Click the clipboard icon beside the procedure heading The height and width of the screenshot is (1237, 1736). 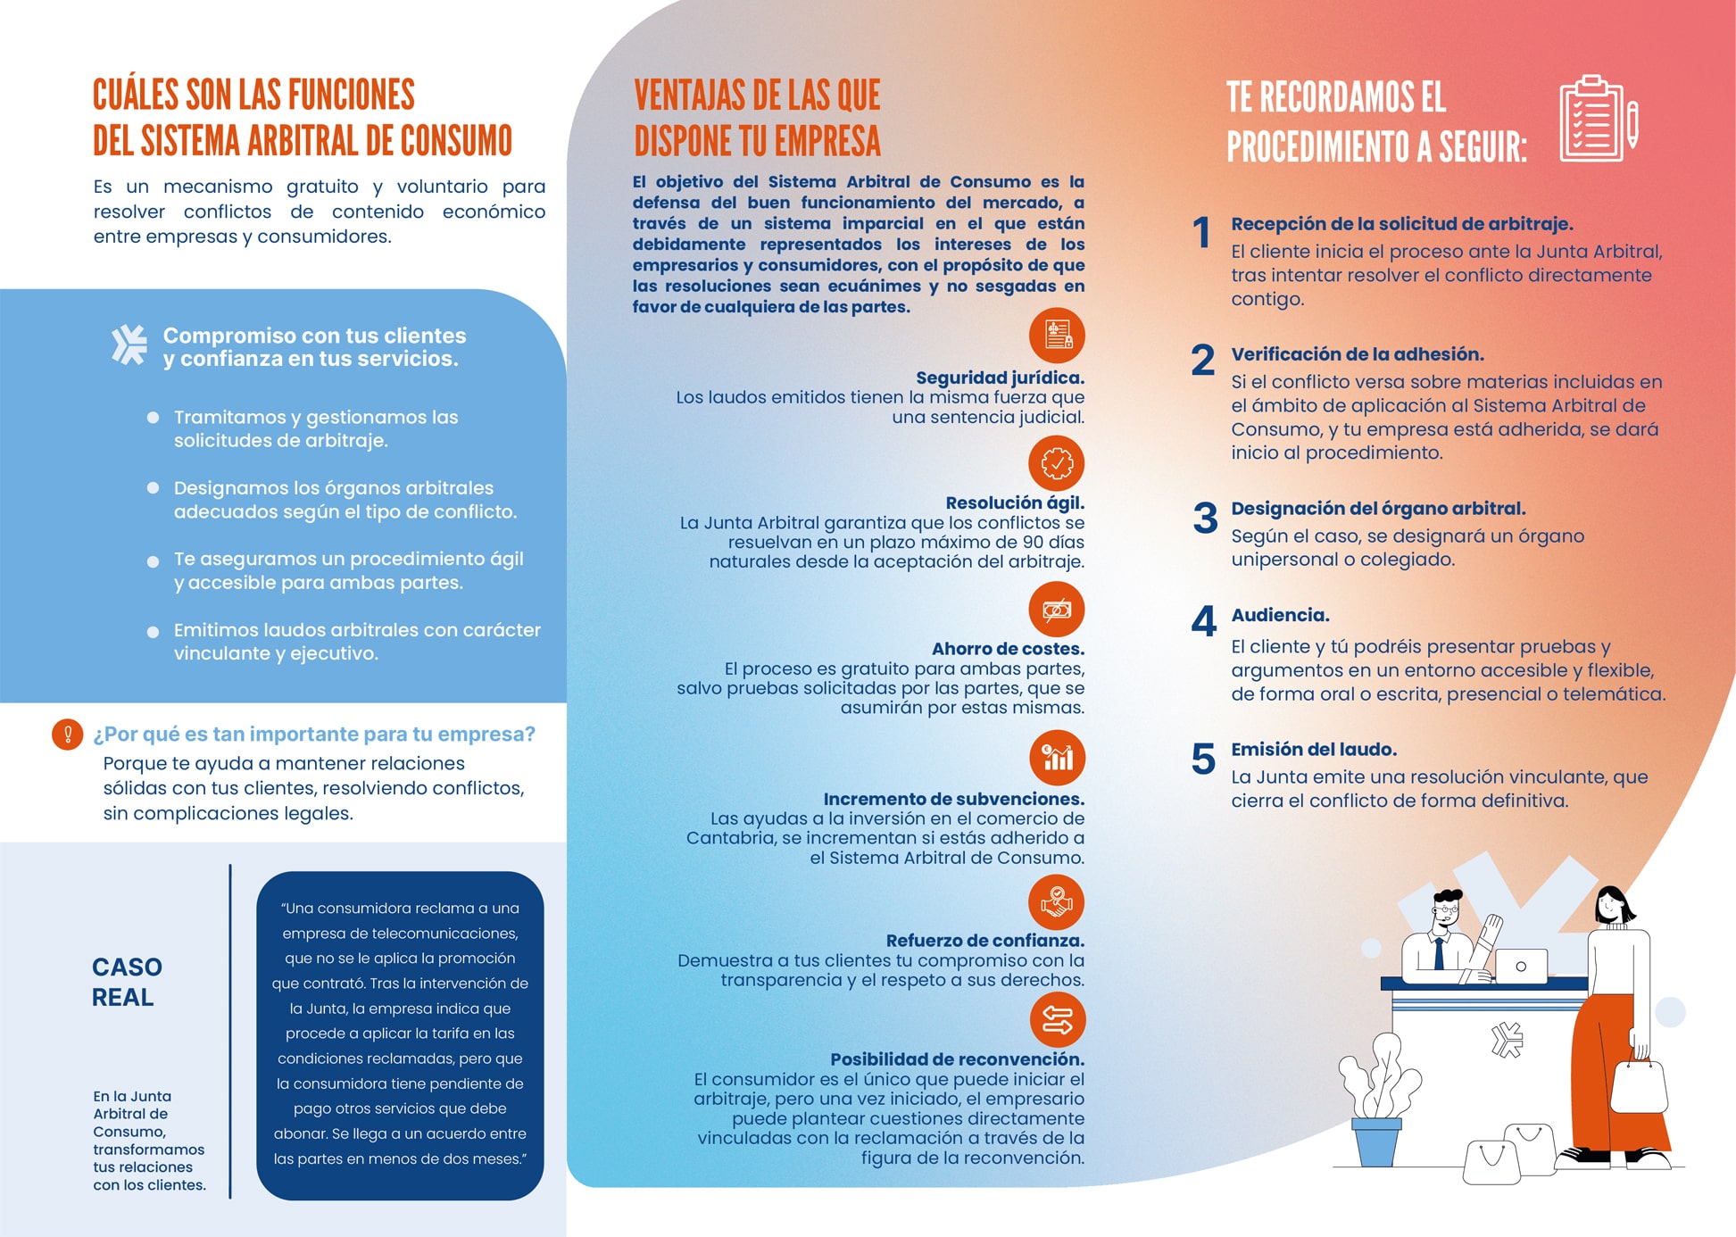[x=1597, y=119]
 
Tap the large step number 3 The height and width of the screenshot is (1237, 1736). [x=1205, y=519]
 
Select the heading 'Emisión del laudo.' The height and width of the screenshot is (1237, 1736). [x=1314, y=750]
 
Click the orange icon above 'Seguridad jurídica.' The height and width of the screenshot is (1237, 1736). [x=1057, y=336]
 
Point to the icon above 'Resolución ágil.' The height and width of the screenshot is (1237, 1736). [x=1057, y=463]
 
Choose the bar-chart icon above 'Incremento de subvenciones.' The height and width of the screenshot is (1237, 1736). [x=1057, y=758]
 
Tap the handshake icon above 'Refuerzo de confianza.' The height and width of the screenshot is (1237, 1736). [x=1057, y=901]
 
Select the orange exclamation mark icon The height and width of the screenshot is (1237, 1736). [x=67, y=735]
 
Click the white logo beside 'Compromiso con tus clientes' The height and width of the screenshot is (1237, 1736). [x=129, y=345]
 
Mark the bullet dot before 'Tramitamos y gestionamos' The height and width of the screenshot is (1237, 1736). [x=154, y=418]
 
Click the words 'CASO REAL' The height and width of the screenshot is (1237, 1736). [x=127, y=982]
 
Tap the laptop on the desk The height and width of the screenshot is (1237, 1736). [x=1520, y=967]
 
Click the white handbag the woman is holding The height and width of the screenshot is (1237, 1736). [x=1639, y=1084]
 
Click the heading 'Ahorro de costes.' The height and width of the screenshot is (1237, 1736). [x=1008, y=649]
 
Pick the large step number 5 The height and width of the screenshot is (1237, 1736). [x=1203, y=760]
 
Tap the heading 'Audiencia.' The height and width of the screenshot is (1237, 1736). [x=1280, y=615]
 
